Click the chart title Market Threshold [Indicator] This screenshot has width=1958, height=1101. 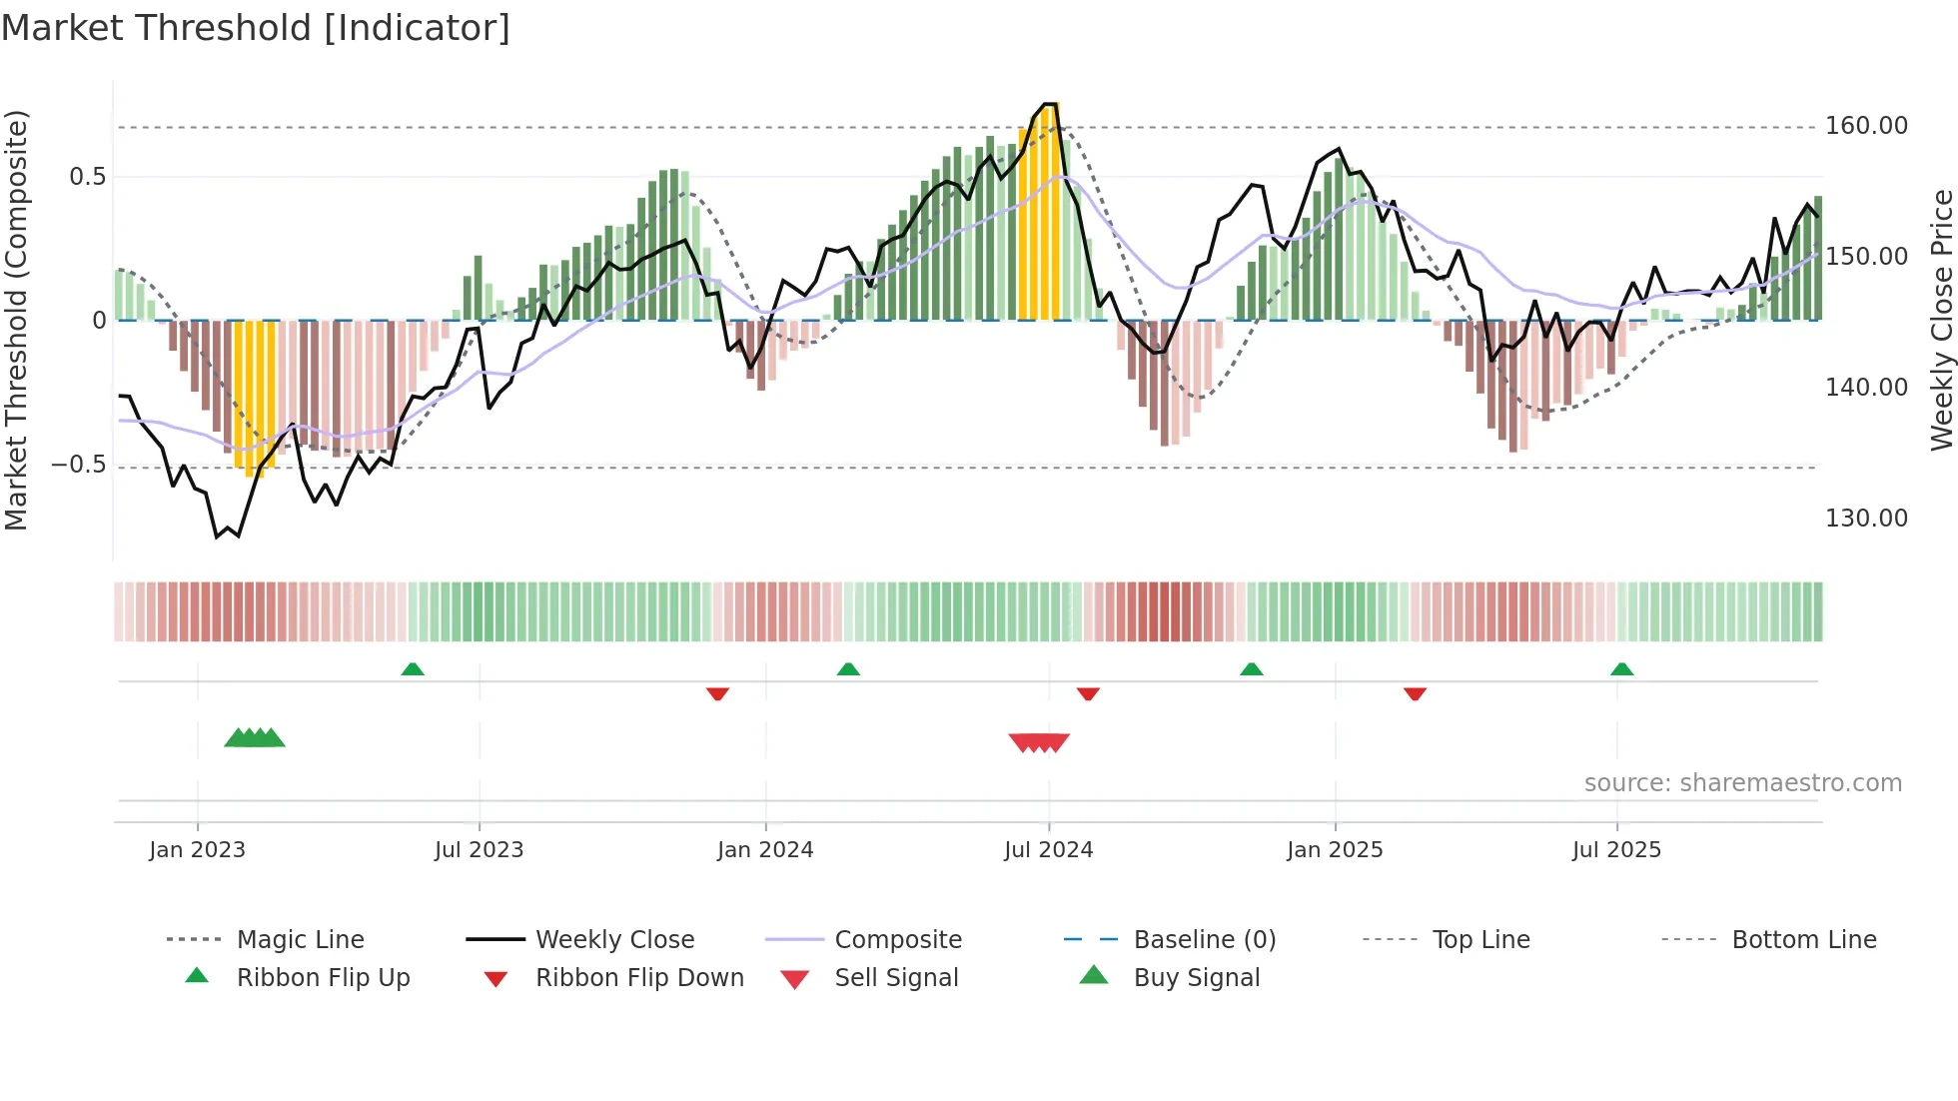[x=256, y=28]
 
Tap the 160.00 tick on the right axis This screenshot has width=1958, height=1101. [x=1866, y=126]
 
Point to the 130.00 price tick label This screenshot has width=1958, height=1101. [x=1866, y=519]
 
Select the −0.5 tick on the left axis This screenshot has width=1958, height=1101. [x=78, y=465]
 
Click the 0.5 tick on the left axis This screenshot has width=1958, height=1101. [x=87, y=177]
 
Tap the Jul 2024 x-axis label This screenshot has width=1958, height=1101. [x=1048, y=850]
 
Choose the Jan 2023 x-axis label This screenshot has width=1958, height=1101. [x=197, y=850]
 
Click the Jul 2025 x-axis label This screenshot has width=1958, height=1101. [x=1616, y=850]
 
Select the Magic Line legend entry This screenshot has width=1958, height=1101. [x=300, y=940]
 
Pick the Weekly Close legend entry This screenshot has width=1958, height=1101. [x=614, y=940]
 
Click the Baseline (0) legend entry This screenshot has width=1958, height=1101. [x=1204, y=940]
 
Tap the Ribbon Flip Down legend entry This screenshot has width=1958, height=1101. [x=639, y=978]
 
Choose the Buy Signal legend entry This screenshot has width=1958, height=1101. [x=1196, y=978]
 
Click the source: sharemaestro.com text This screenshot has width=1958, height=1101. [x=1742, y=783]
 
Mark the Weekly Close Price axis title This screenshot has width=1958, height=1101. [x=1941, y=320]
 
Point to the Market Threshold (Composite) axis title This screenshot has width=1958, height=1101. [x=16, y=320]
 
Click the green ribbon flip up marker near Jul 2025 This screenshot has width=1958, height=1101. [x=1621, y=669]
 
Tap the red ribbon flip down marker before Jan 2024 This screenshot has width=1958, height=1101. [x=717, y=693]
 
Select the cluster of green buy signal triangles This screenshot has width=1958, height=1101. [x=255, y=738]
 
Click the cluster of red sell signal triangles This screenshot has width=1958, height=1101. [x=1039, y=742]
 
